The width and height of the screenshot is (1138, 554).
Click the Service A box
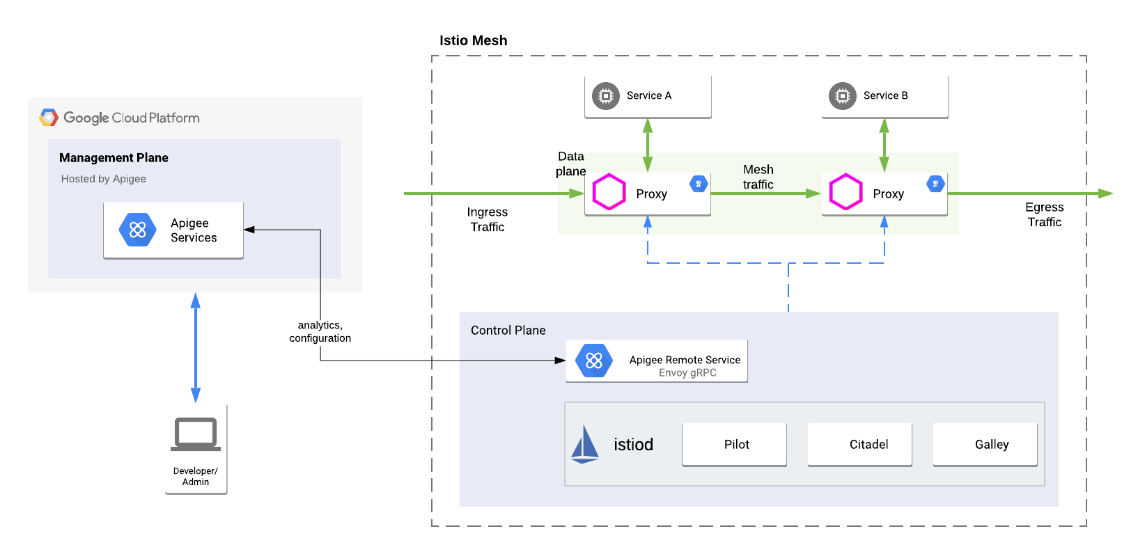[x=648, y=96]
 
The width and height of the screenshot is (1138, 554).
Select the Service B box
[x=884, y=96]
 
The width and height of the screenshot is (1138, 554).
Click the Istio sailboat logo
[x=584, y=445]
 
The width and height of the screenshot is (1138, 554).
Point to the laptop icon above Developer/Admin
[x=196, y=434]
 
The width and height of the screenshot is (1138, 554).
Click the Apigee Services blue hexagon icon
[x=138, y=230]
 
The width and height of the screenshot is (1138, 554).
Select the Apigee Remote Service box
[x=657, y=361]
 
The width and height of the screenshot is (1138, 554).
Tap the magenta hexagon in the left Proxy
[x=609, y=192]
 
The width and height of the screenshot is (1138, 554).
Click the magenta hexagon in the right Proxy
[x=845, y=192]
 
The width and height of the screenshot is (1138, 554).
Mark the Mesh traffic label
[x=758, y=177]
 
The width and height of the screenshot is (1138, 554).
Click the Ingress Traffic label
[x=487, y=219]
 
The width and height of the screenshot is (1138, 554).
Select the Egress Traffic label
[x=1044, y=214]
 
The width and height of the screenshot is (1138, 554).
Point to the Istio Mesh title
[x=473, y=40]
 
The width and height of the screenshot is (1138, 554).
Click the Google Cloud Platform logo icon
[x=49, y=118]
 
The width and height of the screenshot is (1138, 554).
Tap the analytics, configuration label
[x=320, y=331]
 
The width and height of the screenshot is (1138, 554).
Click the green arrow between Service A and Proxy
[x=648, y=145]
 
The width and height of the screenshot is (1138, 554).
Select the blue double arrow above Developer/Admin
[x=196, y=347]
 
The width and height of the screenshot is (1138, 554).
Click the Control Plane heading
[x=508, y=330]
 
